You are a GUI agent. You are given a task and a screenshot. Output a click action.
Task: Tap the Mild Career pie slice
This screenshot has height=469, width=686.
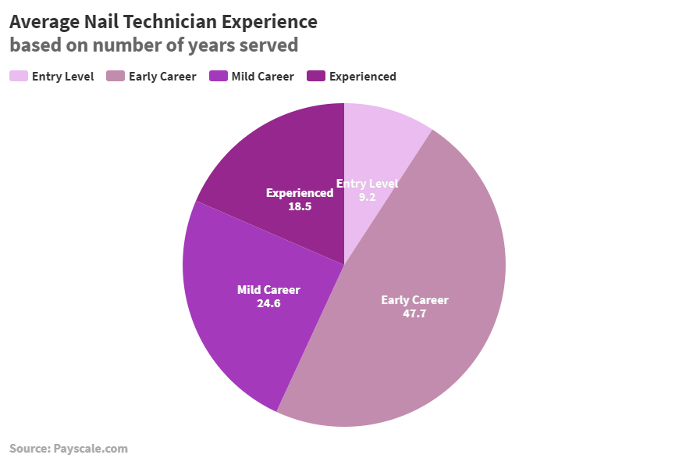[x=234, y=328]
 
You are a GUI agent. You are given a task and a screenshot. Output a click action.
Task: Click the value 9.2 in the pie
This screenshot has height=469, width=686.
[x=367, y=198]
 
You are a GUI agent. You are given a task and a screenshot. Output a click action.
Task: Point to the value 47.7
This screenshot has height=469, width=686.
[x=414, y=314]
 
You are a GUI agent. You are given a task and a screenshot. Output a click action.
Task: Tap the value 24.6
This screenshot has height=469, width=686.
[x=268, y=303]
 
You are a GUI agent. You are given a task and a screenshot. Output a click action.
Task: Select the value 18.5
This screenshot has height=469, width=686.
[x=299, y=206]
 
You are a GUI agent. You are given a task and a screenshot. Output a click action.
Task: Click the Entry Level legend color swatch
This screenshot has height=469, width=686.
[x=19, y=77]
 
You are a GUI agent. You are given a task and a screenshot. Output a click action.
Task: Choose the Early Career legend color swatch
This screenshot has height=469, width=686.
[x=116, y=77]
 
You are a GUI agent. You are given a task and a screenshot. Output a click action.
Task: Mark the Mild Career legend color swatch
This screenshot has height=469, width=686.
[x=219, y=77]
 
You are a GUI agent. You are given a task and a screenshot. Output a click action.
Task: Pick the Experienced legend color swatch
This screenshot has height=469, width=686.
[x=316, y=77]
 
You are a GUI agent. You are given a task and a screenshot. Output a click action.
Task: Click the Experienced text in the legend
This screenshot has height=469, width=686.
[x=362, y=77]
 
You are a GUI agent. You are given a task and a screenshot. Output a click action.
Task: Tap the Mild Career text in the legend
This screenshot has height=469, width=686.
[x=262, y=77]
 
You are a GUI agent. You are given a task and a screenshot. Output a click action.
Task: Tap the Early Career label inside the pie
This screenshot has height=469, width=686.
[x=414, y=300]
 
